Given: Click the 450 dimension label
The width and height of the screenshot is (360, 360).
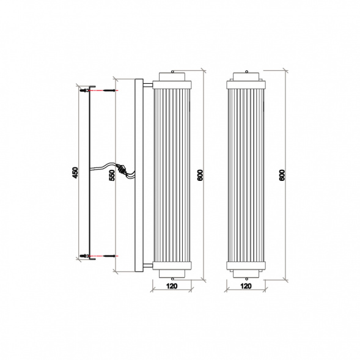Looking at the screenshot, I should click(76, 173).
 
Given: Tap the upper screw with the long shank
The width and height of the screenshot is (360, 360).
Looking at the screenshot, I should click(108, 90).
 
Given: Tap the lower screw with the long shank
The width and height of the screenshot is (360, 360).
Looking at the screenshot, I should click(108, 255).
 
